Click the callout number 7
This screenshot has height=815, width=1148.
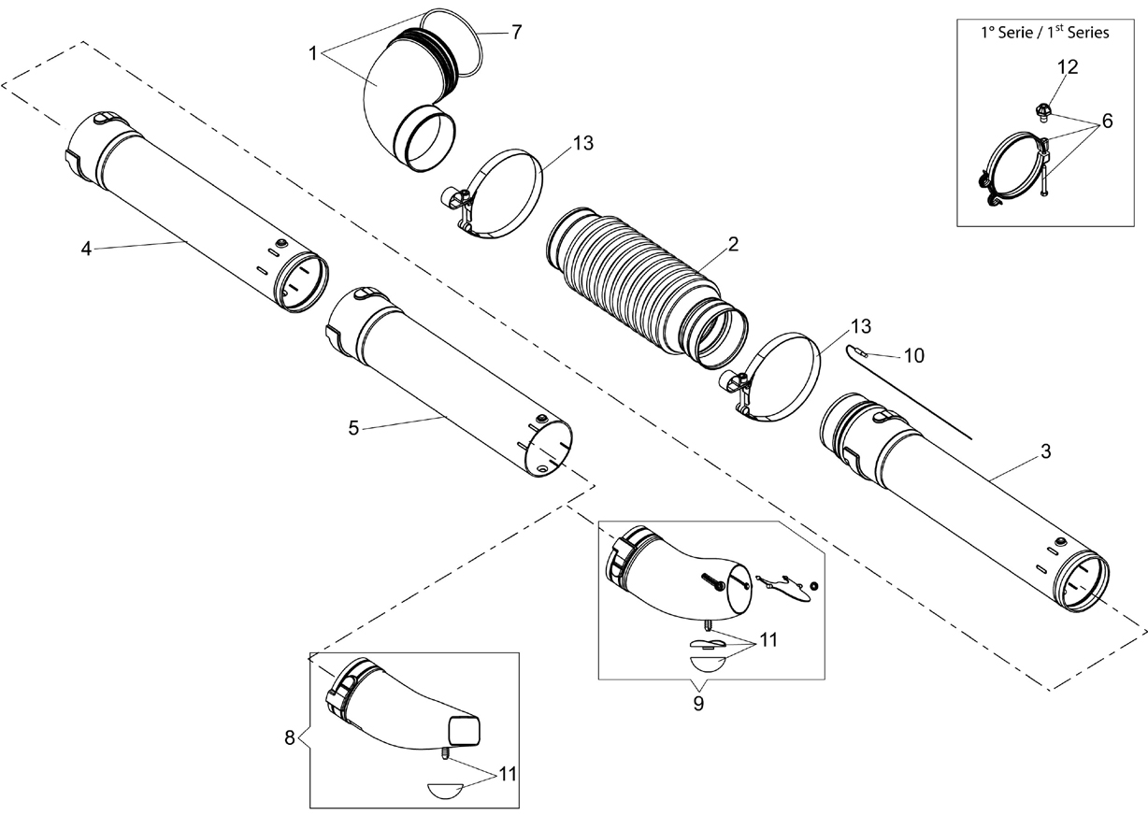click(516, 33)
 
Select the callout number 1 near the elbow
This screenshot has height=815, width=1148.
click(313, 53)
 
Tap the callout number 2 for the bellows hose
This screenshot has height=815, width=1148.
click(733, 244)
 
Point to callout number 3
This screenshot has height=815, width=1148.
click(1045, 451)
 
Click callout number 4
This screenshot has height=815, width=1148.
click(86, 249)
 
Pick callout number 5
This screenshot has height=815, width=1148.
click(353, 428)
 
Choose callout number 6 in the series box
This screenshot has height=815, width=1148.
click(1107, 121)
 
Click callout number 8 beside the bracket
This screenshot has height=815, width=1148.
click(290, 738)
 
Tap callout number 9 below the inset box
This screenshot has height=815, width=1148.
click(698, 704)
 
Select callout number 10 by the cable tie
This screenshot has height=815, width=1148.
click(913, 355)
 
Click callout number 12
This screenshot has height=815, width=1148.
click(1068, 67)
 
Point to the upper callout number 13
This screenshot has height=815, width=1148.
click(582, 143)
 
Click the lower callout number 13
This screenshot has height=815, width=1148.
click(860, 326)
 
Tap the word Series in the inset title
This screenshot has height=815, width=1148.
click(1088, 33)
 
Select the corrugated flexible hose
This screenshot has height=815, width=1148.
click(647, 289)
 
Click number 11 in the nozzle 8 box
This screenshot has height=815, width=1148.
click(508, 775)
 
